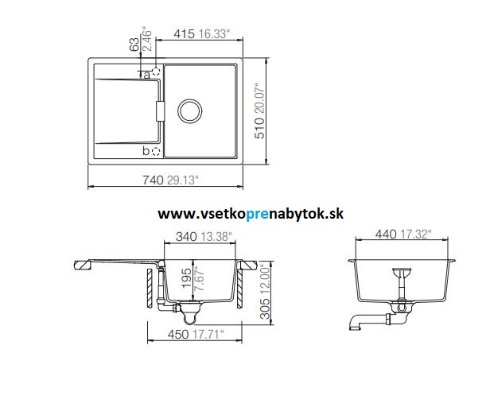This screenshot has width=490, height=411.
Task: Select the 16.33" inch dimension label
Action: coord(215,34)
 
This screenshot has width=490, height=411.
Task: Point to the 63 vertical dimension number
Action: coord(133,44)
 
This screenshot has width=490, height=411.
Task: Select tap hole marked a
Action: coord(156,72)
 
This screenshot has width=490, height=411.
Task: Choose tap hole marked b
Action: coord(156,149)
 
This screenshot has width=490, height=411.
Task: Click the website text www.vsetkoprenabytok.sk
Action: coord(251,213)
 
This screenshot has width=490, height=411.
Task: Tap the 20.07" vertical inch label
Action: coord(259,88)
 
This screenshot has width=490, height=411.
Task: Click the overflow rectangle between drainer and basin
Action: coord(158,111)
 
